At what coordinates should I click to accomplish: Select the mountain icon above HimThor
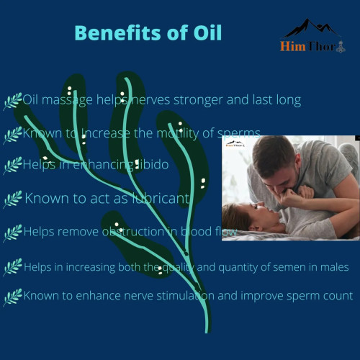pos(310,29)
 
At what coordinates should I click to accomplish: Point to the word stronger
pos(215,100)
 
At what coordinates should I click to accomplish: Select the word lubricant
pos(160,198)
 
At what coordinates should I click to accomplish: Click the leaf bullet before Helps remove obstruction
pos(12,233)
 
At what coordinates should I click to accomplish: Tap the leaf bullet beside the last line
pos(12,296)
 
